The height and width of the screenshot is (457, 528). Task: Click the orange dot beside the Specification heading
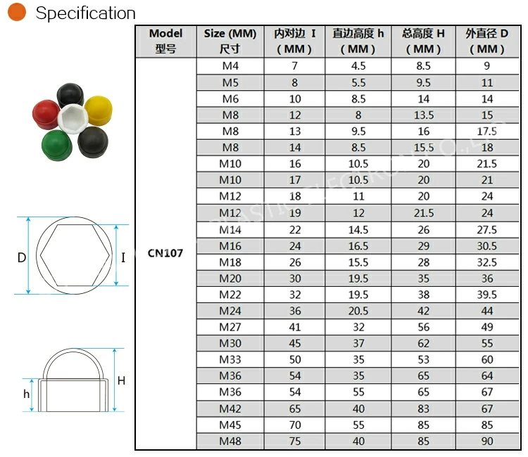pyautogui.click(x=16, y=12)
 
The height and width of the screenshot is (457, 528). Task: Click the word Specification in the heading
pyautogui.click(x=85, y=13)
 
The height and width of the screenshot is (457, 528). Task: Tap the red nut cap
pyautogui.click(x=46, y=114)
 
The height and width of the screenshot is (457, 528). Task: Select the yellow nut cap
pyautogui.click(x=99, y=110)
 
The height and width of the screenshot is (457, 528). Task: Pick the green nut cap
pyautogui.click(x=57, y=146)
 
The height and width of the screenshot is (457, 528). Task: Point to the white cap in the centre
pyautogui.click(x=73, y=118)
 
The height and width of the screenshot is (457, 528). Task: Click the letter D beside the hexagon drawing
pyautogui.click(x=22, y=257)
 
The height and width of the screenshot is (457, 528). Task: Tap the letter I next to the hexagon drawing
pyautogui.click(x=123, y=257)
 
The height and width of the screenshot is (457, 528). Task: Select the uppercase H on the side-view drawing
pyautogui.click(x=122, y=380)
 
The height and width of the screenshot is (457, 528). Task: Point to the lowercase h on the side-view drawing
pyautogui.click(x=26, y=394)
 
